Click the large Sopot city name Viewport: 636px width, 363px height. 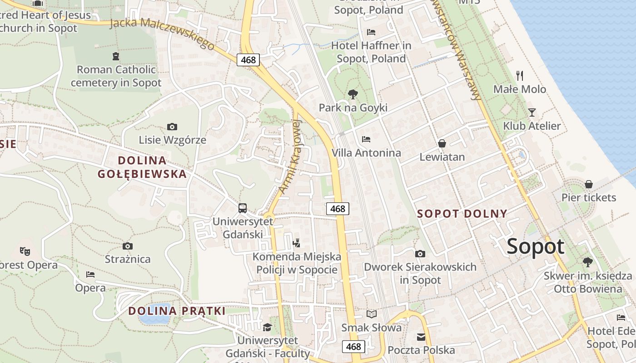tap(535, 247)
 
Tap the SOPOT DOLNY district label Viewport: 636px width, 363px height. tap(462, 214)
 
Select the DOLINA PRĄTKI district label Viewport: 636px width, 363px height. tap(177, 311)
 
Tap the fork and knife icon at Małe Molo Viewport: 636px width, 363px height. tap(520, 75)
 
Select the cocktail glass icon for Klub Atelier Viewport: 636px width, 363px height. tap(532, 112)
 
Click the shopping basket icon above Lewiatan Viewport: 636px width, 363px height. tap(442, 143)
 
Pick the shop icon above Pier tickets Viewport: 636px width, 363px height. tap(589, 184)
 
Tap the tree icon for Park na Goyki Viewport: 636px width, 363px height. tap(353, 94)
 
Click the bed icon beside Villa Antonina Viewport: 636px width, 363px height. tap(366, 139)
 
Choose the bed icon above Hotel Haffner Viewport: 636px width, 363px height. tap(371, 32)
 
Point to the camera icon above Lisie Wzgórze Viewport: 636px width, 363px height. tap(172, 127)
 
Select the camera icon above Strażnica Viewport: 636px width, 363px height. tap(128, 246)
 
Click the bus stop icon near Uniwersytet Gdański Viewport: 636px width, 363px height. tap(243, 208)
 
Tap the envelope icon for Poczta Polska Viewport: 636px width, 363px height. tap(421, 337)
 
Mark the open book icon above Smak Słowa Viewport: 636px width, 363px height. tap(372, 314)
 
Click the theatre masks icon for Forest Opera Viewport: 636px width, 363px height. tap(25, 250)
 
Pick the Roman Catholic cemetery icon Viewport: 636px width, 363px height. tap(116, 56)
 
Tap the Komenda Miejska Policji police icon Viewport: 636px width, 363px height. tap(297, 243)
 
